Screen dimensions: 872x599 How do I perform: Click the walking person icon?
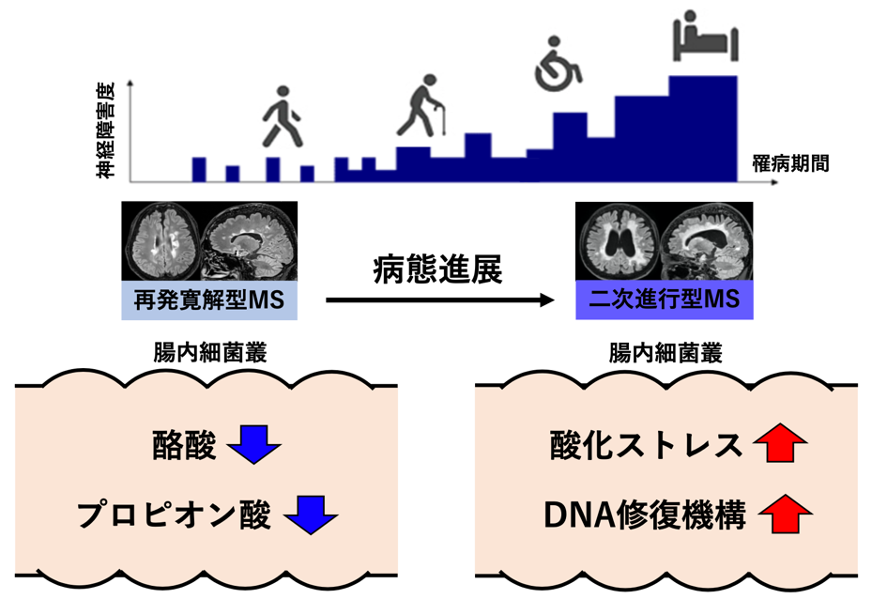[x=282, y=116]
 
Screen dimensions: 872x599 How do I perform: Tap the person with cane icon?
[x=421, y=105]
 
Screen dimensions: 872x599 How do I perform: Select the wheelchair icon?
[x=558, y=64]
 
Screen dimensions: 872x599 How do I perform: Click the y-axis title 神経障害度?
[x=105, y=131]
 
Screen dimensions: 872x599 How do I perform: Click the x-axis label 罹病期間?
[x=790, y=163]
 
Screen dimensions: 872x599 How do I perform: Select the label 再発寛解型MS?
[x=209, y=300]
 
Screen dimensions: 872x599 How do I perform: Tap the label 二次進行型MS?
[x=664, y=299]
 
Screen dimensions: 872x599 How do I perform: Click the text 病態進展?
[x=437, y=269]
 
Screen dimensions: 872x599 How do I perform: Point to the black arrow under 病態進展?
[x=440, y=300]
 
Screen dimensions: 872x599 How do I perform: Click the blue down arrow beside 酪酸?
[x=254, y=444]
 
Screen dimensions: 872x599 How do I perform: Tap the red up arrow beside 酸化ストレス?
[x=780, y=443]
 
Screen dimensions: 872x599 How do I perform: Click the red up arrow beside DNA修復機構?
[x=786, y=514]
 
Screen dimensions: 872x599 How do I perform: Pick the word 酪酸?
[x=184, y=445]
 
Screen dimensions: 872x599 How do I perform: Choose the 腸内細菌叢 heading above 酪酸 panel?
[x=210, y=353]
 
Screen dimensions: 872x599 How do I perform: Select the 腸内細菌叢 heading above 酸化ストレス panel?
[x=665, y=353]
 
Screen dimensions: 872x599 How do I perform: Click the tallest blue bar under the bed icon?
[x=703, y=129]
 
